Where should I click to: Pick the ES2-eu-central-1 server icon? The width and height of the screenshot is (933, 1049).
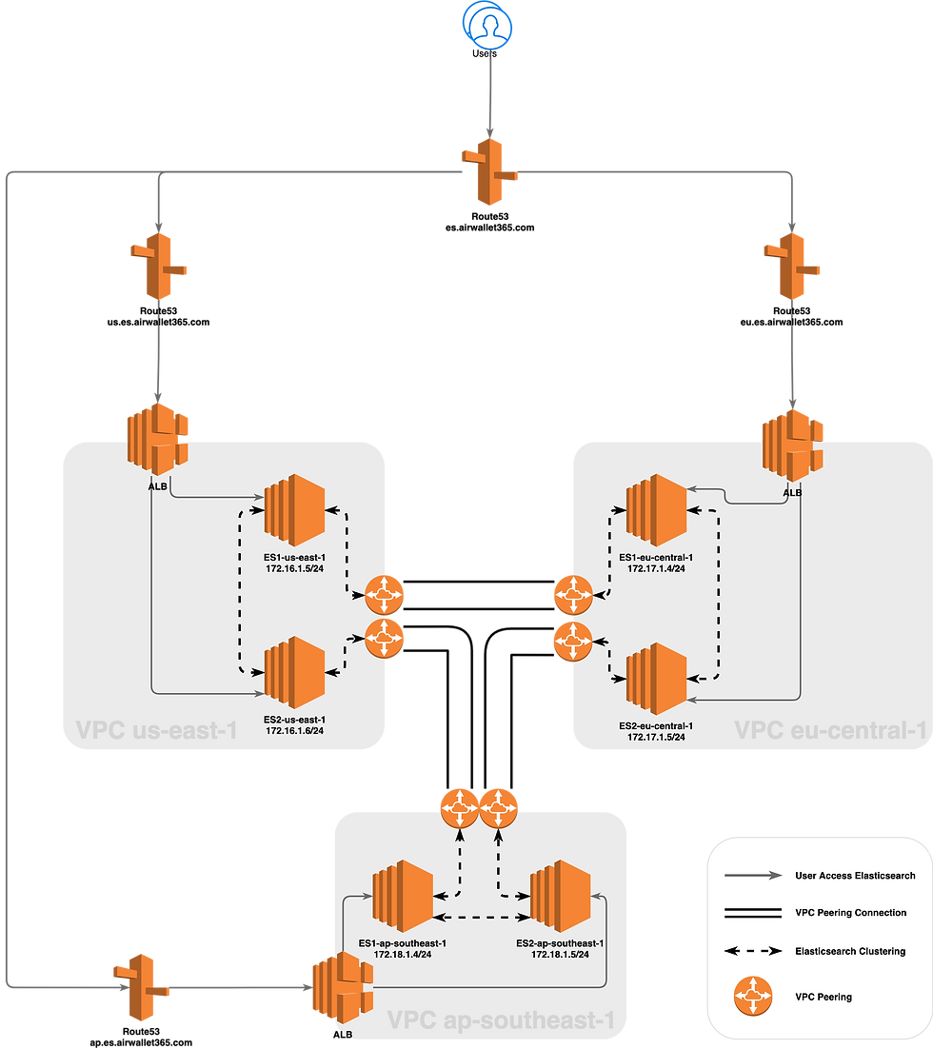coord(656,680)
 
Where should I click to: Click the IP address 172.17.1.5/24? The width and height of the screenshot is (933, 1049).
coord(656,737)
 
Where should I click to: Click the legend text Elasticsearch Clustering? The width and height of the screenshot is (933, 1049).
coord(850,950)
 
